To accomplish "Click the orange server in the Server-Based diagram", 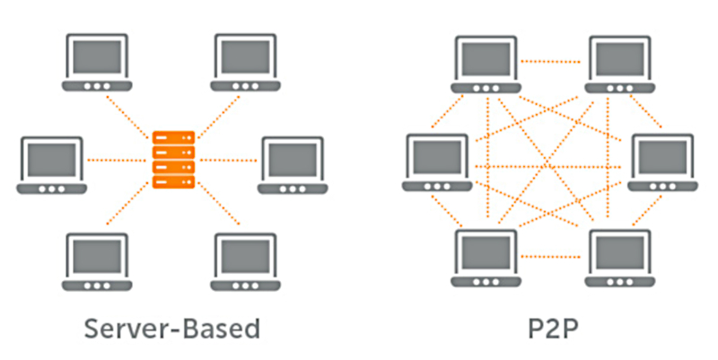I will pos(173,160).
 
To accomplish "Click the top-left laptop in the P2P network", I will pos(485,64).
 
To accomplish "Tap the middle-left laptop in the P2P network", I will pos(436,162).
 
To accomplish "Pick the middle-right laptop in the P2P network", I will pos(662,162).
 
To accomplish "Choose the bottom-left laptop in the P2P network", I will pos(485,259).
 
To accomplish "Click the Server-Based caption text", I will pos(172,328).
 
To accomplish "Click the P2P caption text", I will pos(550,328).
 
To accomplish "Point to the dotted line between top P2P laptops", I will pos(551,62).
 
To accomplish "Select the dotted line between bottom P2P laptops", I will pos(551,257).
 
